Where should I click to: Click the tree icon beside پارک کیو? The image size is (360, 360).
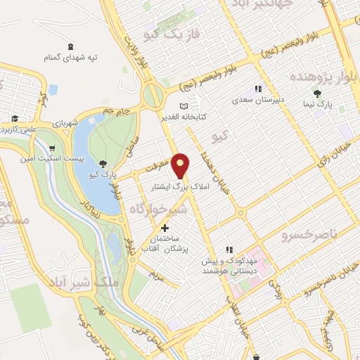[104, 163]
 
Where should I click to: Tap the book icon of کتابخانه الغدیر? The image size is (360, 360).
[184, 105]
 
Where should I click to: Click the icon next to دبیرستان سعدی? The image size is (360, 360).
[258, 89]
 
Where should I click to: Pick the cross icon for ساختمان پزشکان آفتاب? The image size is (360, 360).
[165, 228]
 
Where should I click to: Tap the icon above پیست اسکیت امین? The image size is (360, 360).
[52, 148]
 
